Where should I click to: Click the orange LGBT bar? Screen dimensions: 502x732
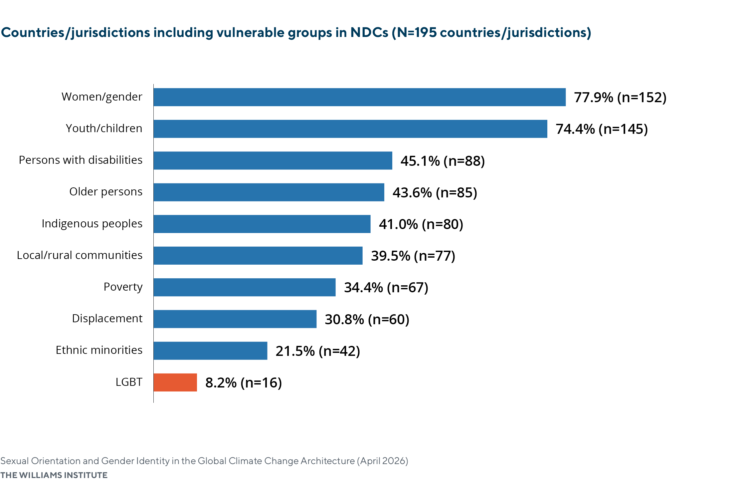pyautogui.click(x=175, y=382)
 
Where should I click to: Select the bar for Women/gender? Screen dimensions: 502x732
pyautogui.click(x=359, y=97)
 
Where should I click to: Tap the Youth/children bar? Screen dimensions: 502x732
pyautogui.click(x=350, y=129)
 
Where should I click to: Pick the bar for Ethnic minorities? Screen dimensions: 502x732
pyautogui.click(x=210, y=351)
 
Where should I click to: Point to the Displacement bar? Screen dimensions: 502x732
pyautogui.click(x=235, y=319)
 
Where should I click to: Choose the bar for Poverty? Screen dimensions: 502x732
pyautogui.click(x=245, y=287)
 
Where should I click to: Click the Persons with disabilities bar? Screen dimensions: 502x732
pyautogui.click(x=273, y=160)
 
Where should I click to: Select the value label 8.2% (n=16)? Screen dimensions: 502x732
pyautogui.click(x=244, y=383)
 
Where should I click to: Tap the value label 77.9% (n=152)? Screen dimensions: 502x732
pyautogui.click(x=620, y=98)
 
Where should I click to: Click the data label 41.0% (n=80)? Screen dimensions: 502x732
pyautogui.click(x=421, y=224)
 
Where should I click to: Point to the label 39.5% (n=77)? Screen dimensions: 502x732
pyautogui.click(x=413, y=256)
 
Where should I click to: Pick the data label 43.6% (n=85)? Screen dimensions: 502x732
pyautogui.click(x=435, y=193)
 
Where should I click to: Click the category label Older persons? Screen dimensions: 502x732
pyautogui.click(x=106, y=192)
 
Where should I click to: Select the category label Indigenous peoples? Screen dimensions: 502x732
pyautogui.click(x=92, y=224)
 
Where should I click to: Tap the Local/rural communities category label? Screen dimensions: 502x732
pyautogui.click(x=80, y=255)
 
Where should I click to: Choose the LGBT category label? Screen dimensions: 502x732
pyautogui.click(x=129, y=382)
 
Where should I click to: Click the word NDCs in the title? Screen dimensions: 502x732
pyautogui.click(x=369, y=33)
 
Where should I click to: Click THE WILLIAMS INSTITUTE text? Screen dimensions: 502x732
pyautogui.click(x=54, y=475)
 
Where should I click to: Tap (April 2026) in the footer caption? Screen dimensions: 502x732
pyautogui.click(x=383, y=461)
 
